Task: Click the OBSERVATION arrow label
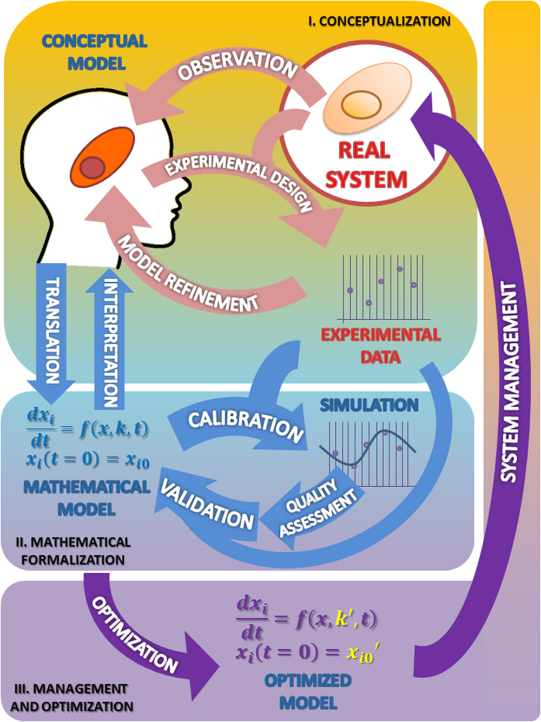point(238,67)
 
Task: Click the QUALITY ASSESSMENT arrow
point(316,508)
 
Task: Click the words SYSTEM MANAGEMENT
point(509,381)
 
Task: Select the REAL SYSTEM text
point(365,165)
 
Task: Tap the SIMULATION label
point(369,405)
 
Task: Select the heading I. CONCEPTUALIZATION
point(379,22)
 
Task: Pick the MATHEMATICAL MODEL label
point(87,498)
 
